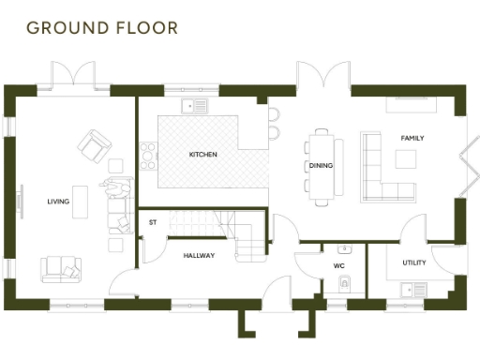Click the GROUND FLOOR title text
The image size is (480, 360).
coord(101,27)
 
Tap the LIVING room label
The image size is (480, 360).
coord(58,202)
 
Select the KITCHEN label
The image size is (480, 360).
coord(204,154)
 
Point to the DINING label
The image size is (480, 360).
coord(321,166)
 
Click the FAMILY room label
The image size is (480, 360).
coord(412,138)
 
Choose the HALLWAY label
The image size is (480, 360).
coord(199,255)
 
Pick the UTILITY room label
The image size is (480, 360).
coord(414,262)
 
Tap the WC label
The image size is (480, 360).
coord(339,265)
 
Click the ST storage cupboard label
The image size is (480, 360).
coord(153,222)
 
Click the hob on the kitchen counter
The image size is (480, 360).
coord(147,156)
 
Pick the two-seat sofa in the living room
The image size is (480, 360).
coord(60,268)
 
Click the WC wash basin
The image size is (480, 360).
coord(345,250)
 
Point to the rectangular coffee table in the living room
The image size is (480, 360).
coord(82,202)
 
